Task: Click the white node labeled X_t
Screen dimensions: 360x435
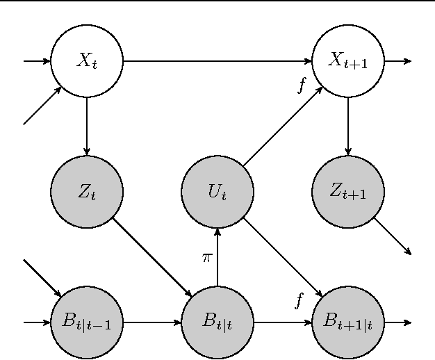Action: pyautogui.click(x=86, y=61)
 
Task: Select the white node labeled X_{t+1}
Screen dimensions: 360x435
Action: pyautogui.click(x=347, y=61)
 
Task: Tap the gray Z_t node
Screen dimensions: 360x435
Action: pyautogui.click(x=86, y=192)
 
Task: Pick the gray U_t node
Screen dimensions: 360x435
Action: pyautogui.click(x=217, y=192)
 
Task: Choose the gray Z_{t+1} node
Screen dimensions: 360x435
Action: pyautogui.click(x=347, y=192)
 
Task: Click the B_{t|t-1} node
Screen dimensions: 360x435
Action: pyautogui.click(x=86, y=322)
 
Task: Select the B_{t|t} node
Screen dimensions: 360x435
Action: pyautogui.click(x=217, y=322)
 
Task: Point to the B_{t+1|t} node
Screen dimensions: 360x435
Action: pyautogui.click(x=347, y=322)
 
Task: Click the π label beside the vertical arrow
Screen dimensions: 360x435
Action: pyautogui.click(x=206, y=258)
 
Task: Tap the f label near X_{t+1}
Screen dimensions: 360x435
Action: pyautogui.click(x=301, y=85)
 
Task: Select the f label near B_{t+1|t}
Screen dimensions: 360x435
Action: pyautogui.click(x=299, y=300)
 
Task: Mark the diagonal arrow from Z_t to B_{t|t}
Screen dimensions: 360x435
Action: pyautogui.click(x=151, y=257)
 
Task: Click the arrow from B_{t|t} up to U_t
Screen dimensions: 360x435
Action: pyautogui.click(x=217, y=257)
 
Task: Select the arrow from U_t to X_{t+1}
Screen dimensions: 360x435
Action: pyautogui.click(x=282, y=126)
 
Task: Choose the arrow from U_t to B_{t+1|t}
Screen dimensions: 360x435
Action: pyautogui.click(x=282, y=257)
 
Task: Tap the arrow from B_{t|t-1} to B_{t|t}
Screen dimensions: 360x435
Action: pyautogui.click(x=151, y=322)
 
